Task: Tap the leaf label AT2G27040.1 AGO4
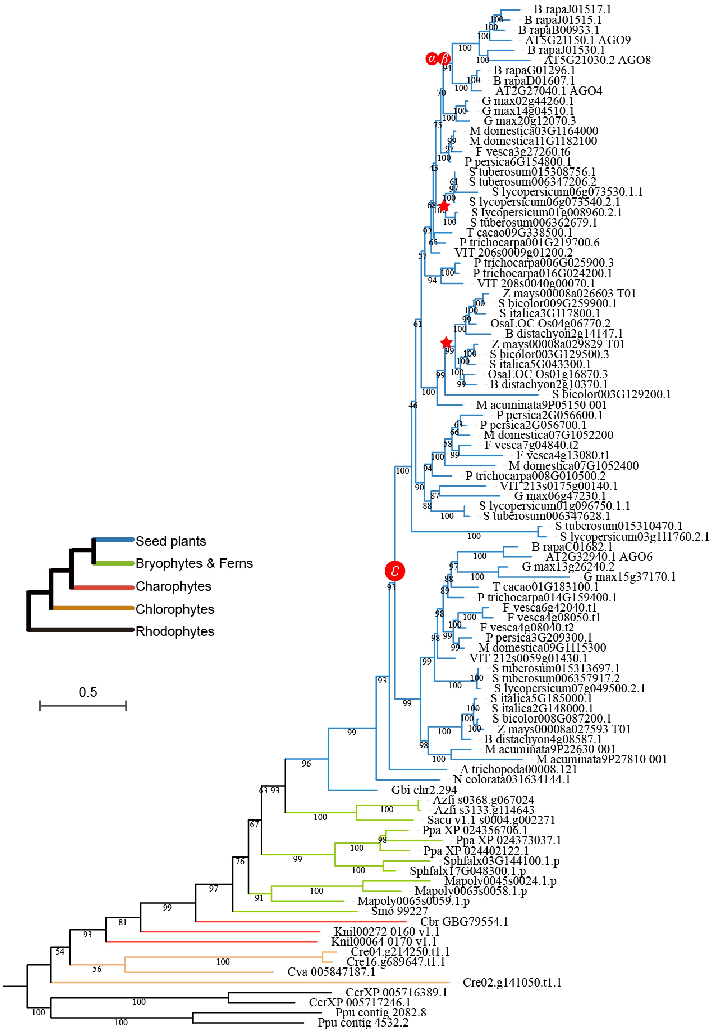coord(549,91)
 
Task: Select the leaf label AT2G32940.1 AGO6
coord(599,557)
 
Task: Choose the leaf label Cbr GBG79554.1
coord(464,921)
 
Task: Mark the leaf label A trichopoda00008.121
coord(518,769)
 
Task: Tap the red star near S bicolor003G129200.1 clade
coord(446,343)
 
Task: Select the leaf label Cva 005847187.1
coord(331,972)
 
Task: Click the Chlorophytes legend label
coord(175,609)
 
